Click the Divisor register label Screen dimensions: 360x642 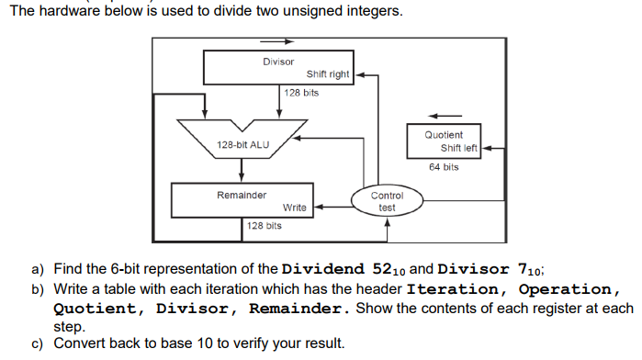pos(278,62)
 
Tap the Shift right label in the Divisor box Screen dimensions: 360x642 pos(328,74)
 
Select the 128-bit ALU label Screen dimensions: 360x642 pos(242,145)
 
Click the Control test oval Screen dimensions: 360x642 pos(387,201)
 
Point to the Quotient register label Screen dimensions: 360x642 pos(444,135)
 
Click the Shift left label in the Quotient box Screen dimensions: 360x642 pos(459,148)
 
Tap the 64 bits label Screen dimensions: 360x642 pos(444,167)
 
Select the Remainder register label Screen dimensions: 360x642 pos(242,195)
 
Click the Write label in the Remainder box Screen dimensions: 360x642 pos(295,208)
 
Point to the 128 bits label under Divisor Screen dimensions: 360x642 pos(301,93)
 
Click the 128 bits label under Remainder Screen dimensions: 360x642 pos(264,225)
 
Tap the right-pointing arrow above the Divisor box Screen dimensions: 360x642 pos(277,40)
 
